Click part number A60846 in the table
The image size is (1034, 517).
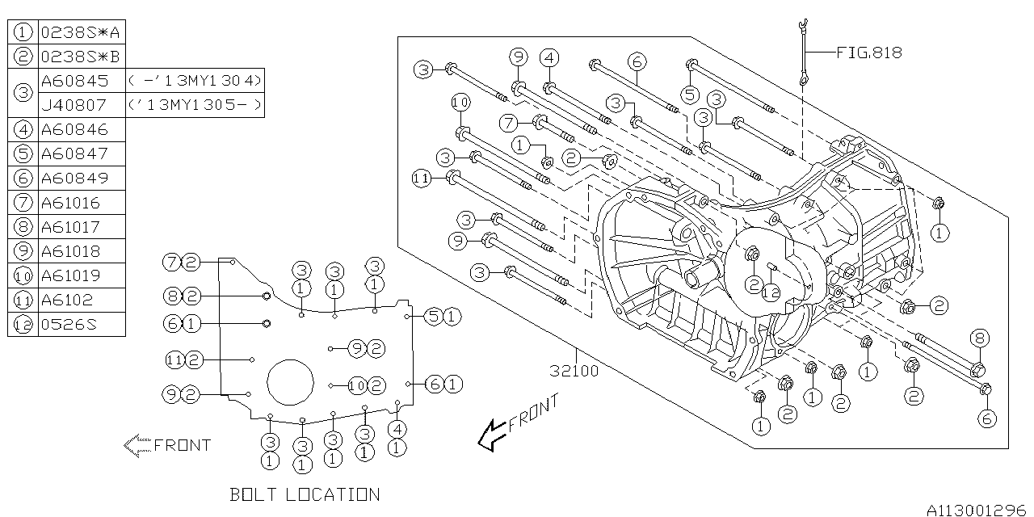pos(74,130)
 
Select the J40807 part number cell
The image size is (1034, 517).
pos(74,105)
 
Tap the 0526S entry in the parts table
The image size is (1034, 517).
pos(69,325)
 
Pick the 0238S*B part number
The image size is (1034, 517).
pos(80,57)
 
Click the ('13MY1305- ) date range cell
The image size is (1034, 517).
pos(195,105)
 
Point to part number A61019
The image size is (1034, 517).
pos(70,275)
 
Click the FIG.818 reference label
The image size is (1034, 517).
pos(869,53)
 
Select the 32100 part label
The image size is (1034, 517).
pos(574,371)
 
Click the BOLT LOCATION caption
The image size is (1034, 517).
pos(305,495)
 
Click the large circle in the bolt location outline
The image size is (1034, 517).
pos(290,359)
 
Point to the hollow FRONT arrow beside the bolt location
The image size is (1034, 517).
pos(137,445)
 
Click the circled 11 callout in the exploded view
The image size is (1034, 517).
pos(421,179)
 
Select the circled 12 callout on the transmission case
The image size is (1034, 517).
pos(771,292)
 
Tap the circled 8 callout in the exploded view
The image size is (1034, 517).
pos(980,338)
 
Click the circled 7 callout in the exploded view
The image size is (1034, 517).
pos(509,123)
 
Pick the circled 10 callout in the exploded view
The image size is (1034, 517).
pos(460,103)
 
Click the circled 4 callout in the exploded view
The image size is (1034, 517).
pos(549,58)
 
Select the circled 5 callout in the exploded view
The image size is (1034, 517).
pos(690,95)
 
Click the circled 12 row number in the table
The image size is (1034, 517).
pos(23,325)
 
